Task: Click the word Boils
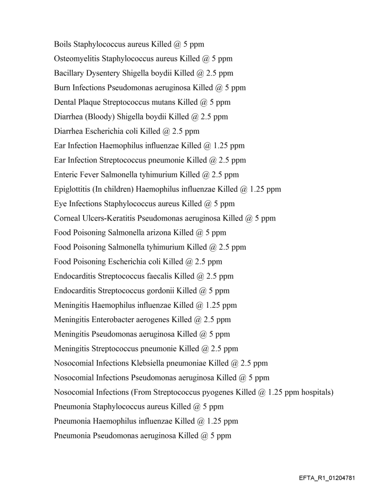tap(63, 44)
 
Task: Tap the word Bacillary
tap(68, 73)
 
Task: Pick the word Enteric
tap(66, 175)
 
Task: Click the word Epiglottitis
tap(73, 189)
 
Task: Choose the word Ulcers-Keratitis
tap(107, 218)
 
